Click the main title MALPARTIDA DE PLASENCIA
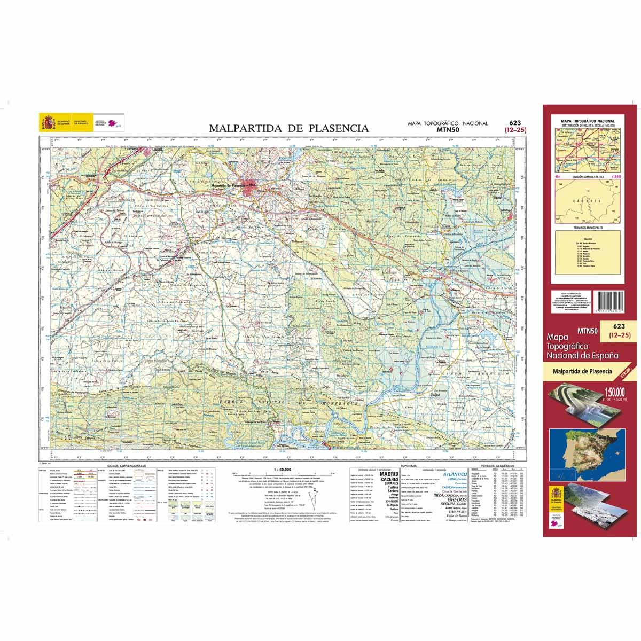pos(288,128)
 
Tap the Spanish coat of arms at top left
pos(48,124)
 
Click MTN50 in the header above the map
pos(448,129)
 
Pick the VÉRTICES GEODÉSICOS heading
pos(495,466)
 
